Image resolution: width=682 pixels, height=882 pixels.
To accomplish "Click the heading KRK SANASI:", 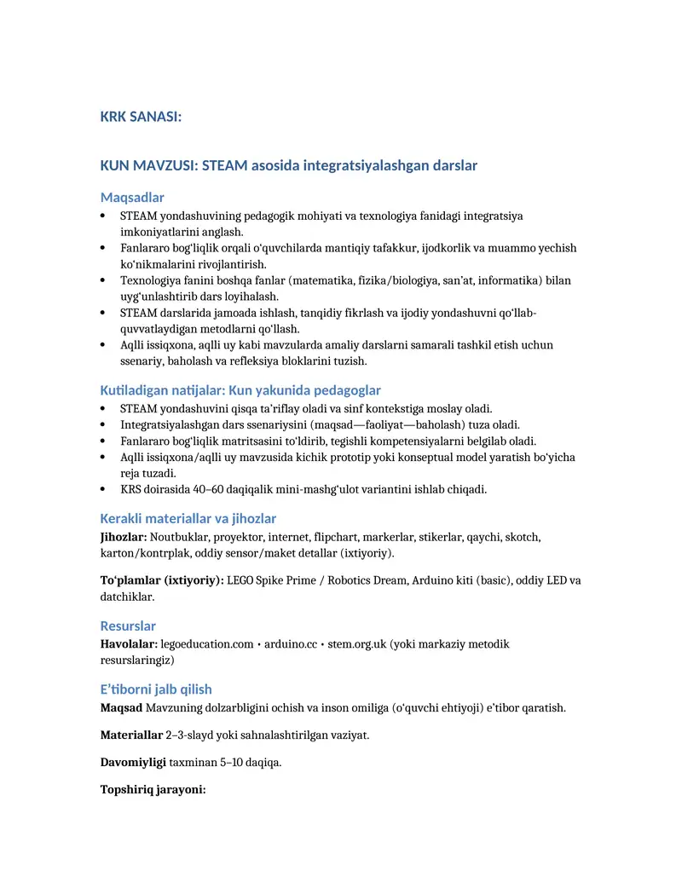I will (141, 117).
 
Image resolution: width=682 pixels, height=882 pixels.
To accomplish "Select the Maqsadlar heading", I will (132, 198).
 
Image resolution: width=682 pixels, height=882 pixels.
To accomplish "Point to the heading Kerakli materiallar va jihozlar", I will (188, 518).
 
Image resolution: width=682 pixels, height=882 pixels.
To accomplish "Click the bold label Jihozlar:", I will (124, 537).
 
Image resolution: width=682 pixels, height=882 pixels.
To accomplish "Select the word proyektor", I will (239, 537).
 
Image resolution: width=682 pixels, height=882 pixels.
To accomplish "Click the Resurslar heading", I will (128, 625).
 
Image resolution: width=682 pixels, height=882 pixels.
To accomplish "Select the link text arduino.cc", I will (291, 644).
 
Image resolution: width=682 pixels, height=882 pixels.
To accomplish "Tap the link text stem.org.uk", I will (357, 644).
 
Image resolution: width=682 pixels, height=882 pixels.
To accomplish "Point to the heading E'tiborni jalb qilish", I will (156, 689).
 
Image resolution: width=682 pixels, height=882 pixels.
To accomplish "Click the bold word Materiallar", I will (131, 735).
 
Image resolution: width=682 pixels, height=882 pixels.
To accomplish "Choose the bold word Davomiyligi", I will (133, 762).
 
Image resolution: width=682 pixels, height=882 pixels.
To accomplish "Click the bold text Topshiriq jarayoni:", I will (153, 789).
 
